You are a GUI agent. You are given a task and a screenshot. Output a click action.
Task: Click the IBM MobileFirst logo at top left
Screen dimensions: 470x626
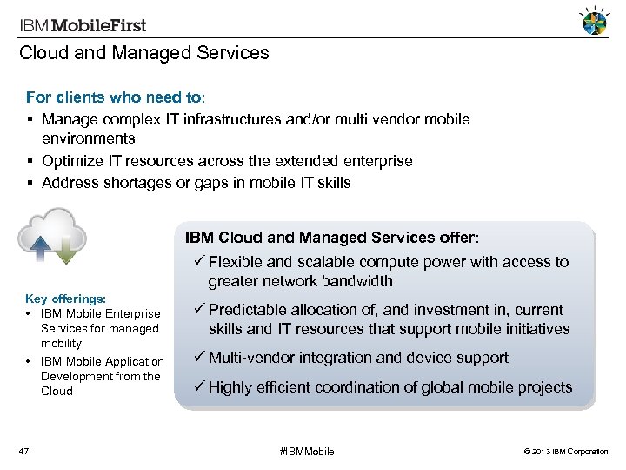click(x=83, y=25)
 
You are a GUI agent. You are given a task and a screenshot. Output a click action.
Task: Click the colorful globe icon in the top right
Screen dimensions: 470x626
click(x=595, y=23)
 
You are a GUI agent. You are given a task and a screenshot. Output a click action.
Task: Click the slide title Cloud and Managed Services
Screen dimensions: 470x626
click(x=144, y=53)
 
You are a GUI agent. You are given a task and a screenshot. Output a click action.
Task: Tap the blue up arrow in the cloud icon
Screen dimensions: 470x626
click(x=40, y=246)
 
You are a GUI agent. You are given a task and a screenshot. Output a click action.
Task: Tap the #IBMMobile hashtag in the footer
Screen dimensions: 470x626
click(x=307, y=451)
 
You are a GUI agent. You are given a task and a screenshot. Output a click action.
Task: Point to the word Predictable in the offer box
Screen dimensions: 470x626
click(x=250, y=310)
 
